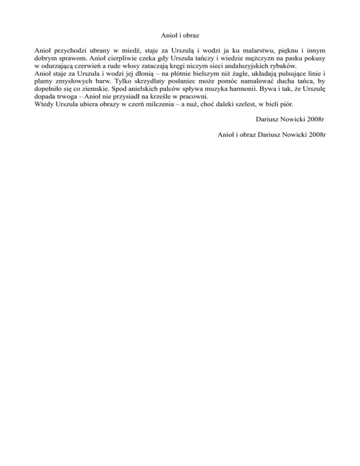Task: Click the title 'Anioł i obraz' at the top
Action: pos(180,35)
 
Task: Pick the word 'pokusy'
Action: pos(314,58)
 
